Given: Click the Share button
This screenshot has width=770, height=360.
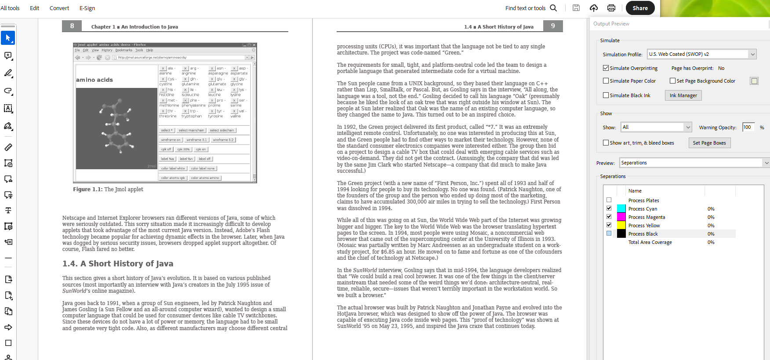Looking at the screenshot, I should coord(640,8).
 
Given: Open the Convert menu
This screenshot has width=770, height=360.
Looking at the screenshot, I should coord(59,8).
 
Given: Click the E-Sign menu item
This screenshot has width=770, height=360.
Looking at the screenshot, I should coord(87,8).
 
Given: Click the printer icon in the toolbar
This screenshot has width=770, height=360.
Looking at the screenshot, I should coord(611,8).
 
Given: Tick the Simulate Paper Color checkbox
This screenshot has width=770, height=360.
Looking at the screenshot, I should coord(606,81).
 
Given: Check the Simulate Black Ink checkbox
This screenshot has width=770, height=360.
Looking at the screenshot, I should coord(606,95).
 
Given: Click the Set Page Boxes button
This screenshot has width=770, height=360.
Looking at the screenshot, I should coord(709,143).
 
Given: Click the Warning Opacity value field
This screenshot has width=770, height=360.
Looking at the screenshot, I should coord(748,127).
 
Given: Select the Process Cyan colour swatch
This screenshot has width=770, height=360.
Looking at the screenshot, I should coord(621,209).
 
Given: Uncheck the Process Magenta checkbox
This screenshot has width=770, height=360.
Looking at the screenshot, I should coord(609,217).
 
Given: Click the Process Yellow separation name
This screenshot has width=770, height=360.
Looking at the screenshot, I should coord(644,225).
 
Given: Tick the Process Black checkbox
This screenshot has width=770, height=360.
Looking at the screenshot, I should coord(609,233).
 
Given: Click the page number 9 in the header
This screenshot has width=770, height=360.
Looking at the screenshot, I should coord(553,26).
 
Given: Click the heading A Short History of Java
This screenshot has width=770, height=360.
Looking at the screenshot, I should coord(118,264).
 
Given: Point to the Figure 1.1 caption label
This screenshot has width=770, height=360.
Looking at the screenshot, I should coord(88,189).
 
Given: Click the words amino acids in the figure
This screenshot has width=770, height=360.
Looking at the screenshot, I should coord(94,80).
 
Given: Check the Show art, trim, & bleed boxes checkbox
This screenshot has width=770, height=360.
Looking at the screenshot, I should coord(606,143).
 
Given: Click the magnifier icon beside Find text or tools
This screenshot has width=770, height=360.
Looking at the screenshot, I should coord(553,8).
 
